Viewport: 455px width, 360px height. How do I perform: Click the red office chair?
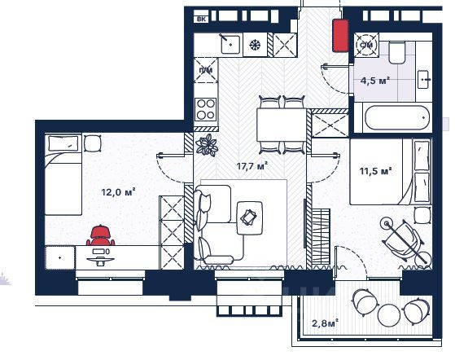(100, 235)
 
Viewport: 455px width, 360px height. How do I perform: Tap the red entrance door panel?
(340, 35)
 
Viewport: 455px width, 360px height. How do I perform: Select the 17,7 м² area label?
(252, 166)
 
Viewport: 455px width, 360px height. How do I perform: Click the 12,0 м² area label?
(118, 192)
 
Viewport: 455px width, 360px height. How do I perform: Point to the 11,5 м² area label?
(376, 171)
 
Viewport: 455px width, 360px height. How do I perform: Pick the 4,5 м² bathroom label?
(374, 81)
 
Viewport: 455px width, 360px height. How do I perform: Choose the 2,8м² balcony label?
(325, 323)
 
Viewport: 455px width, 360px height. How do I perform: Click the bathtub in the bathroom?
(396, 117)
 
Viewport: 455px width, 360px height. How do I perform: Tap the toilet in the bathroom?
(396, 53)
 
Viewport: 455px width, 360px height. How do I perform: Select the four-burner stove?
(206, 109)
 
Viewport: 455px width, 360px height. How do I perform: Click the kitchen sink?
(230, 45)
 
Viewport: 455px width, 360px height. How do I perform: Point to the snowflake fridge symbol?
(255, 45)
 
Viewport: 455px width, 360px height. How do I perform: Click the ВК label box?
(201, 20)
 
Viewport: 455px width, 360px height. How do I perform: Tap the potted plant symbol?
(207, 145)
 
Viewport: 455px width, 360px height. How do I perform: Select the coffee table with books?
(250, 217)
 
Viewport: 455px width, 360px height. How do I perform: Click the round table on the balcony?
(389, 314)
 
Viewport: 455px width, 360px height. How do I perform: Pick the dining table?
(282, 125)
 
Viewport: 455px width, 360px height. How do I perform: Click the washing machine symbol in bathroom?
(366, 45)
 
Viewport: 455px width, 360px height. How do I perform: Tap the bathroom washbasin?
(424, 79)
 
